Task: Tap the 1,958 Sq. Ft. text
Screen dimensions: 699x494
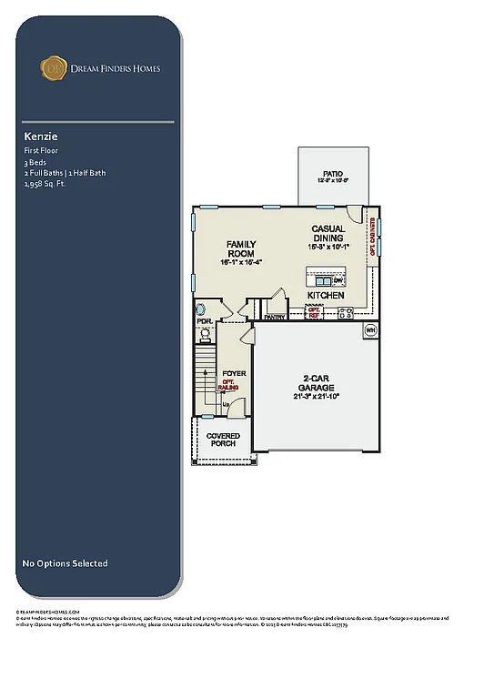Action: click(45, 183)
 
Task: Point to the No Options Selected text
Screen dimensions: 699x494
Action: click(65, 563)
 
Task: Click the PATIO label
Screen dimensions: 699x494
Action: click(333, 173)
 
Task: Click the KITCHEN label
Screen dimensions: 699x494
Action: click(325, 296)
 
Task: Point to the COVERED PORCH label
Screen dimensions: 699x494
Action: click(223, 440)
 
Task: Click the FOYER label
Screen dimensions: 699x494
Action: click(234, 373)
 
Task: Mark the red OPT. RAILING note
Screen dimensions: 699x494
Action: click(229, 385)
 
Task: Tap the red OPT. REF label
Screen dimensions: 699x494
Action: click(314, 312)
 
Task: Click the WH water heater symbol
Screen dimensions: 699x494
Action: click(370, 329)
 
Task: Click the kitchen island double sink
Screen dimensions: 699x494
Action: click(322, 281)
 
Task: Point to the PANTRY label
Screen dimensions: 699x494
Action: click(275, 317)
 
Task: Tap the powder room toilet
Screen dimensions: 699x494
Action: click(206, 335)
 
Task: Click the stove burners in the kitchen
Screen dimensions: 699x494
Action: click(346, 313)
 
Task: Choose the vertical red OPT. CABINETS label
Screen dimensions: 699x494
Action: click(373, 241)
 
